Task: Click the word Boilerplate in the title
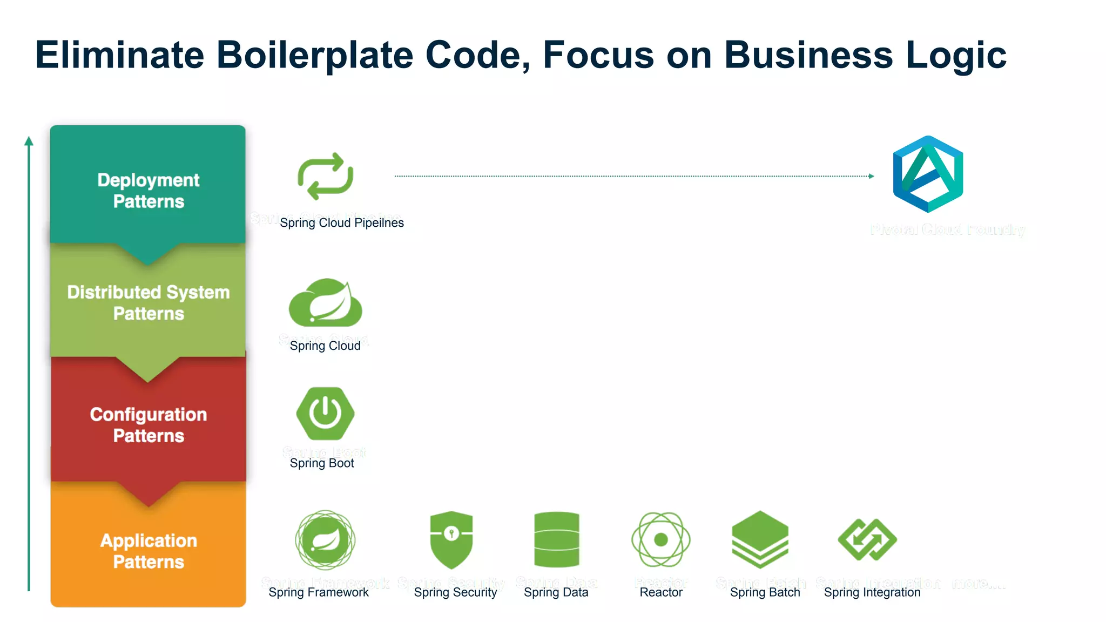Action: click(315, 55)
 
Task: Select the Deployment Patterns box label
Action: click(148, 191)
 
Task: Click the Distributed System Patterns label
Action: click(148, 303)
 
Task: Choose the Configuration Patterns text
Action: click(148, 425)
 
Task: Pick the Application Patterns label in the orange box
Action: click(148, 551)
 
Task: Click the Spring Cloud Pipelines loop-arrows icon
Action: click(325, 176)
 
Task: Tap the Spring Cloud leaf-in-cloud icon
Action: click(326, 303)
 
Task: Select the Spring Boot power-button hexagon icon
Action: click(325, 414)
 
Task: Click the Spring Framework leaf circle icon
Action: click(325, 539)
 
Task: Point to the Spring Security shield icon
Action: click(451, 539)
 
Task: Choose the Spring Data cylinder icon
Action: click(556, 539)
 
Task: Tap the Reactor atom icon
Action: click(661, 539)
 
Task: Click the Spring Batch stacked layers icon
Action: click(760, 539)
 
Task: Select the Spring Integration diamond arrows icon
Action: click(867, 539)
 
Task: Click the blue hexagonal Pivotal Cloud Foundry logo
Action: click(928, 174)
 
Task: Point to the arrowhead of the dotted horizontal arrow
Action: click(871, 176)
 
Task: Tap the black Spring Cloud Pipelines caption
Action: click(341, 223)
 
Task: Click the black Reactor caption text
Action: click(661, 592)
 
